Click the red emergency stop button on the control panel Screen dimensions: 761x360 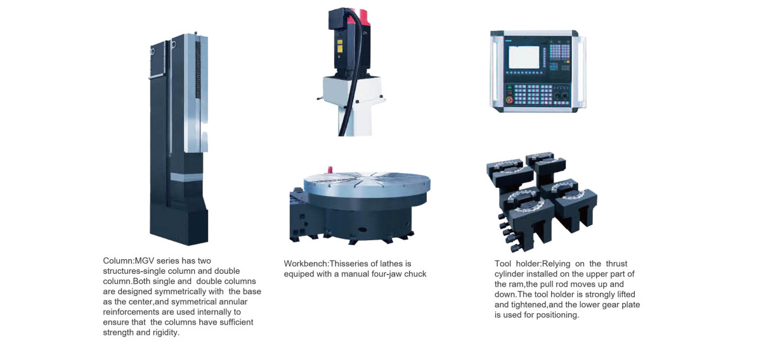510,100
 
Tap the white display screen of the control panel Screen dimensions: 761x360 524,57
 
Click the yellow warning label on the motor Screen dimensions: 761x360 339,46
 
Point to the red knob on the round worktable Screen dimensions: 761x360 330,169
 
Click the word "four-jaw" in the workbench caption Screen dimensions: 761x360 386,274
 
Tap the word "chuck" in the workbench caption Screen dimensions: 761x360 415,274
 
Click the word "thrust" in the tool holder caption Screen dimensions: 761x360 616,264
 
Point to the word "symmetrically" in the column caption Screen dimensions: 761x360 189,292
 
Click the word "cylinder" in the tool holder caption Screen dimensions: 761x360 509,274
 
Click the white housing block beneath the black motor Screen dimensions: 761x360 353,90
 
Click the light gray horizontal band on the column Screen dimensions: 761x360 186,177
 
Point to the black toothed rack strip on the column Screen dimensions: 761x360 198,70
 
